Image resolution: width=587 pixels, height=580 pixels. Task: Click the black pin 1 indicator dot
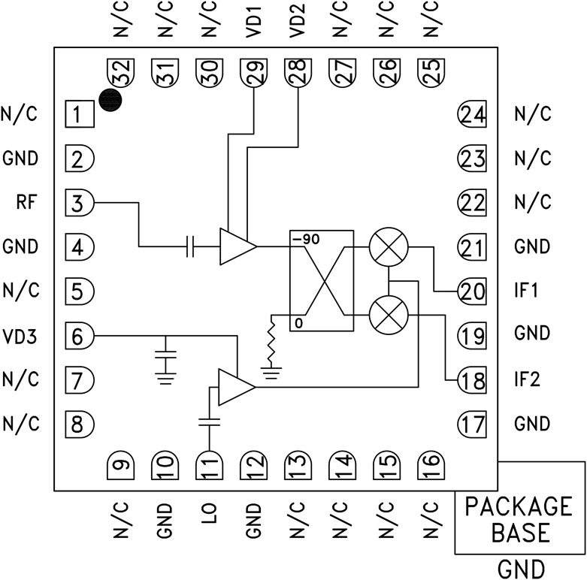pos(111,101)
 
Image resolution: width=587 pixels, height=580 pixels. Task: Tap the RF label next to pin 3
pos(26,202)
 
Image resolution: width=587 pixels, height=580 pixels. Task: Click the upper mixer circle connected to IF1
pos(389,246)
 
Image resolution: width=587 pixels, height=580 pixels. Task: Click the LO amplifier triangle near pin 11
pos(235,387)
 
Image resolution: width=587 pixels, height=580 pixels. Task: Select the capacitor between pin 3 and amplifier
pos(192,246)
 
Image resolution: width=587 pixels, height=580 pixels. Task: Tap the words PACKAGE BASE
pos(519,519)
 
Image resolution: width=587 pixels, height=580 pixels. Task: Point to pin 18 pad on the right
pos(471,381)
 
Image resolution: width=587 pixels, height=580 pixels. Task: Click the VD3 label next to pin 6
pos(20,334)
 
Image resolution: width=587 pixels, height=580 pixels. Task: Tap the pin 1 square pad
pos(78,115)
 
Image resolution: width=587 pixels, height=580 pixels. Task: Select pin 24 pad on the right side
pos(471,115)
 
